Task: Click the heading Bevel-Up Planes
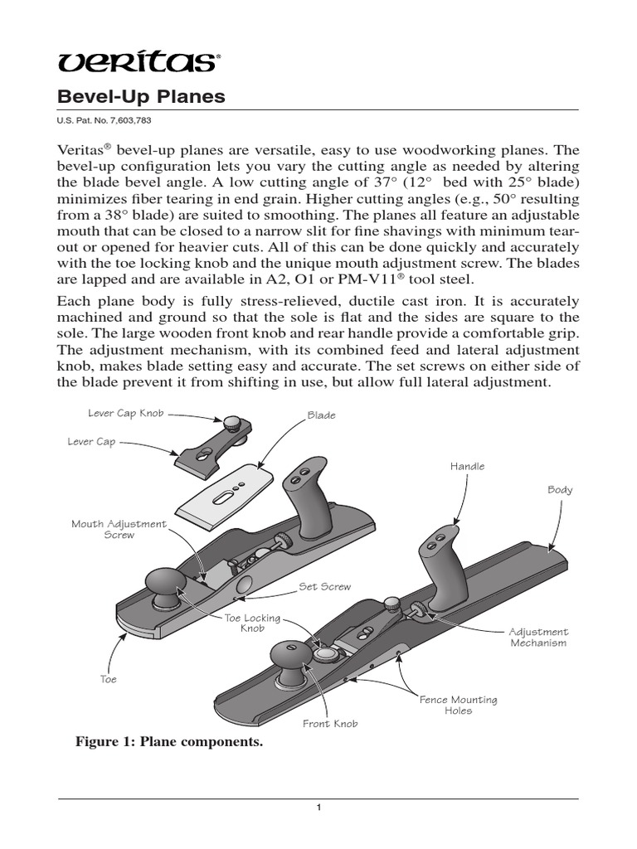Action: (x=140, y=96)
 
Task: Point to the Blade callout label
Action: (x=321, y=415)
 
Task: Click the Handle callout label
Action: (x=467, y=466)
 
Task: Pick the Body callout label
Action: (x=560, y=490)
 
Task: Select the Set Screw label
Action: (x=324, y=586)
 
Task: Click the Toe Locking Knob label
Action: (x=252, y=623)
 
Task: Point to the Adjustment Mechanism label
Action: (x=538, y=637)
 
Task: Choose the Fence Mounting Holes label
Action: (x=458, y=705)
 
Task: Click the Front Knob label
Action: (x=330, y=724)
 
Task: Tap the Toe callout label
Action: (x=108, y=679)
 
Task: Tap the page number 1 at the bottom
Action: (x=318, y=808)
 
